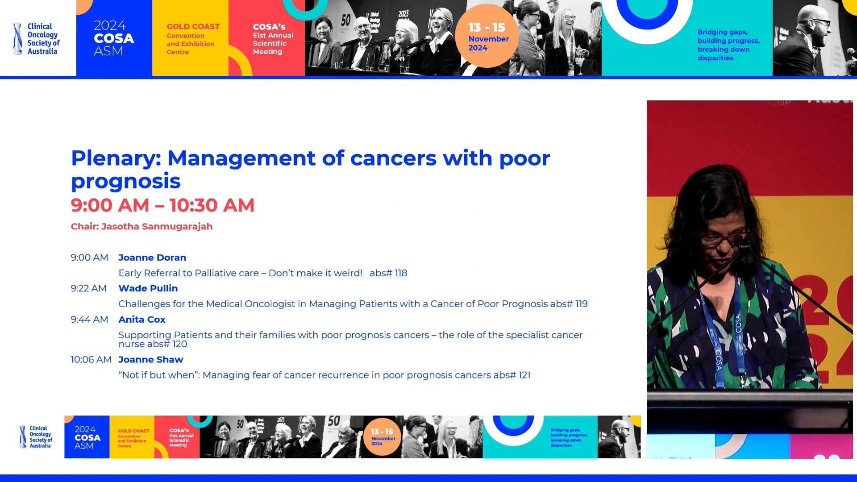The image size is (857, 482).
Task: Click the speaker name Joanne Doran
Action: (152, 258)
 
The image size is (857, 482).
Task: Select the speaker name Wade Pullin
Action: (148, 288)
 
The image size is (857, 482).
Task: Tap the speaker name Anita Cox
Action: (142, 320)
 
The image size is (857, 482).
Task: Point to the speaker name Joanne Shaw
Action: (150, 360)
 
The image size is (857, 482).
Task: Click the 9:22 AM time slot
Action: (88, 288)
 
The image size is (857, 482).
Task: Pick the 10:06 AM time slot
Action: (91, 360)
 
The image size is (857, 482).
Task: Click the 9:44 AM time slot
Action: (89, 320)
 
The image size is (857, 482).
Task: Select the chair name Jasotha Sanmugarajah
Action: (156, 226)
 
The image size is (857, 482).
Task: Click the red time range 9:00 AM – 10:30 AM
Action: (162, 205)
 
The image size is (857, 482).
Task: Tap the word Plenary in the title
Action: (115, 158)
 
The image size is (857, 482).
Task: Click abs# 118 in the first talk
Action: (388, 273)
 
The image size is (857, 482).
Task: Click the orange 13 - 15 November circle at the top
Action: (487, 36)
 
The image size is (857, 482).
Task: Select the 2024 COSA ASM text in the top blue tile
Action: (113, 38)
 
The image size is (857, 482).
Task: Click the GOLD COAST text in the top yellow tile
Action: (193, 27)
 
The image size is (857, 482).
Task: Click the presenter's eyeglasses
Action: (723, 238)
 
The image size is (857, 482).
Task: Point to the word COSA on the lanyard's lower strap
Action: (719, 360)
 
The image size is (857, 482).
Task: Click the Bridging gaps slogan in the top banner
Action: (728, 45)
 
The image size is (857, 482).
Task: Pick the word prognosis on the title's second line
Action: (125, 181)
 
